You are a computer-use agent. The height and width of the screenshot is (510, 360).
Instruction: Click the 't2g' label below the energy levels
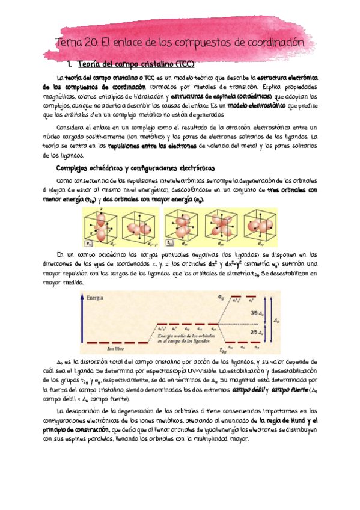pyautogui.click(x=223, y=351)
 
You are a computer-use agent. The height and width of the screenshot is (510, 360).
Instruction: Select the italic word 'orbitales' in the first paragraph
pyautogui.click(x=70, y=114)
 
